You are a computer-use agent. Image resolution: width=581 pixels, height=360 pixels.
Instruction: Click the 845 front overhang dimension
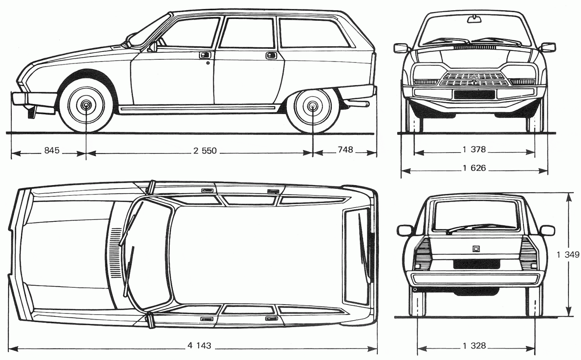point(52,151)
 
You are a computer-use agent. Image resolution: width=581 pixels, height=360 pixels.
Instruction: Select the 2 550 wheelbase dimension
point(205,151)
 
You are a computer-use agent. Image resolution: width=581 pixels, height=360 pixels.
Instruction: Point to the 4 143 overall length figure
point(199,345)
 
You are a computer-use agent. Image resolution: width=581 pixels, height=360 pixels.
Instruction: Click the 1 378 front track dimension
point(474,150)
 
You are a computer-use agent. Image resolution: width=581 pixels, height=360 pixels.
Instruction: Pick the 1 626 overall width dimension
point(474,168)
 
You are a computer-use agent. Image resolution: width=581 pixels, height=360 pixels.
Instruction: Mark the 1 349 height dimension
point(567,255)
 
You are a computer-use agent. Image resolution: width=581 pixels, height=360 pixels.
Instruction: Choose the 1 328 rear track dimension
point(474,346)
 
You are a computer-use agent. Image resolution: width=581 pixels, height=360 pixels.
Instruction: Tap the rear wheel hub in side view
point(313,106)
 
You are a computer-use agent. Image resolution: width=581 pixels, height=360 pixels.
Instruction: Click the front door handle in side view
point(205,55)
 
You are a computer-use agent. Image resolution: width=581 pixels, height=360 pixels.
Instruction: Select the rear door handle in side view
point(270,55)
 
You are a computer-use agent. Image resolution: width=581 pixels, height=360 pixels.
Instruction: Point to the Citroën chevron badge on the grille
point(474,79)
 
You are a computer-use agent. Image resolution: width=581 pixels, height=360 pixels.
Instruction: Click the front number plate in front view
point(474,94)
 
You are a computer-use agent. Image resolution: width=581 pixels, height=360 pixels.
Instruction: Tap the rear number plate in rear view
point(474,264)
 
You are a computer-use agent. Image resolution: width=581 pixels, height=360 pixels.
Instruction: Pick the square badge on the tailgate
point(475,249)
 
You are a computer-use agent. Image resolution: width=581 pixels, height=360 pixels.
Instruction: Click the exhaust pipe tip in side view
point(366,103)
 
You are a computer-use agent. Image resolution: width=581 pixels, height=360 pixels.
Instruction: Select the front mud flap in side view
point(31,112)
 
